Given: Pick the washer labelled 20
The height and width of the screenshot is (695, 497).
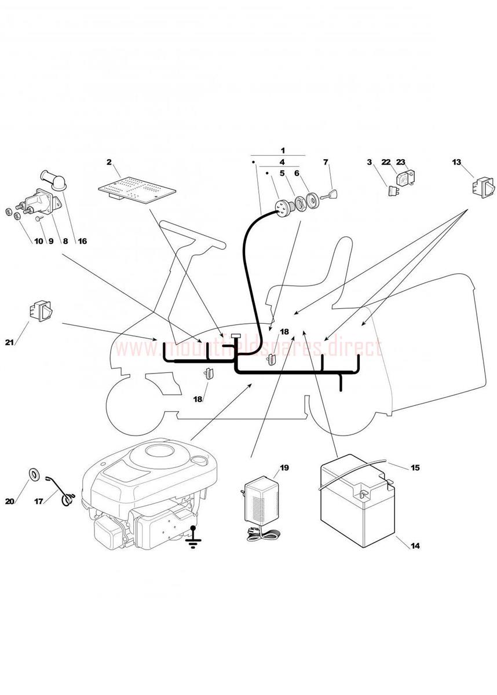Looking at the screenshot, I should tap(35, 474).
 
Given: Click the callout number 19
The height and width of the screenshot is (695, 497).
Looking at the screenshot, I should tap(284, 467).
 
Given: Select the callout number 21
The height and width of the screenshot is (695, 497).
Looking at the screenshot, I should tap(9, 342).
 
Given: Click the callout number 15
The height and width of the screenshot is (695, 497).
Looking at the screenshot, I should tap(415, 467).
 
